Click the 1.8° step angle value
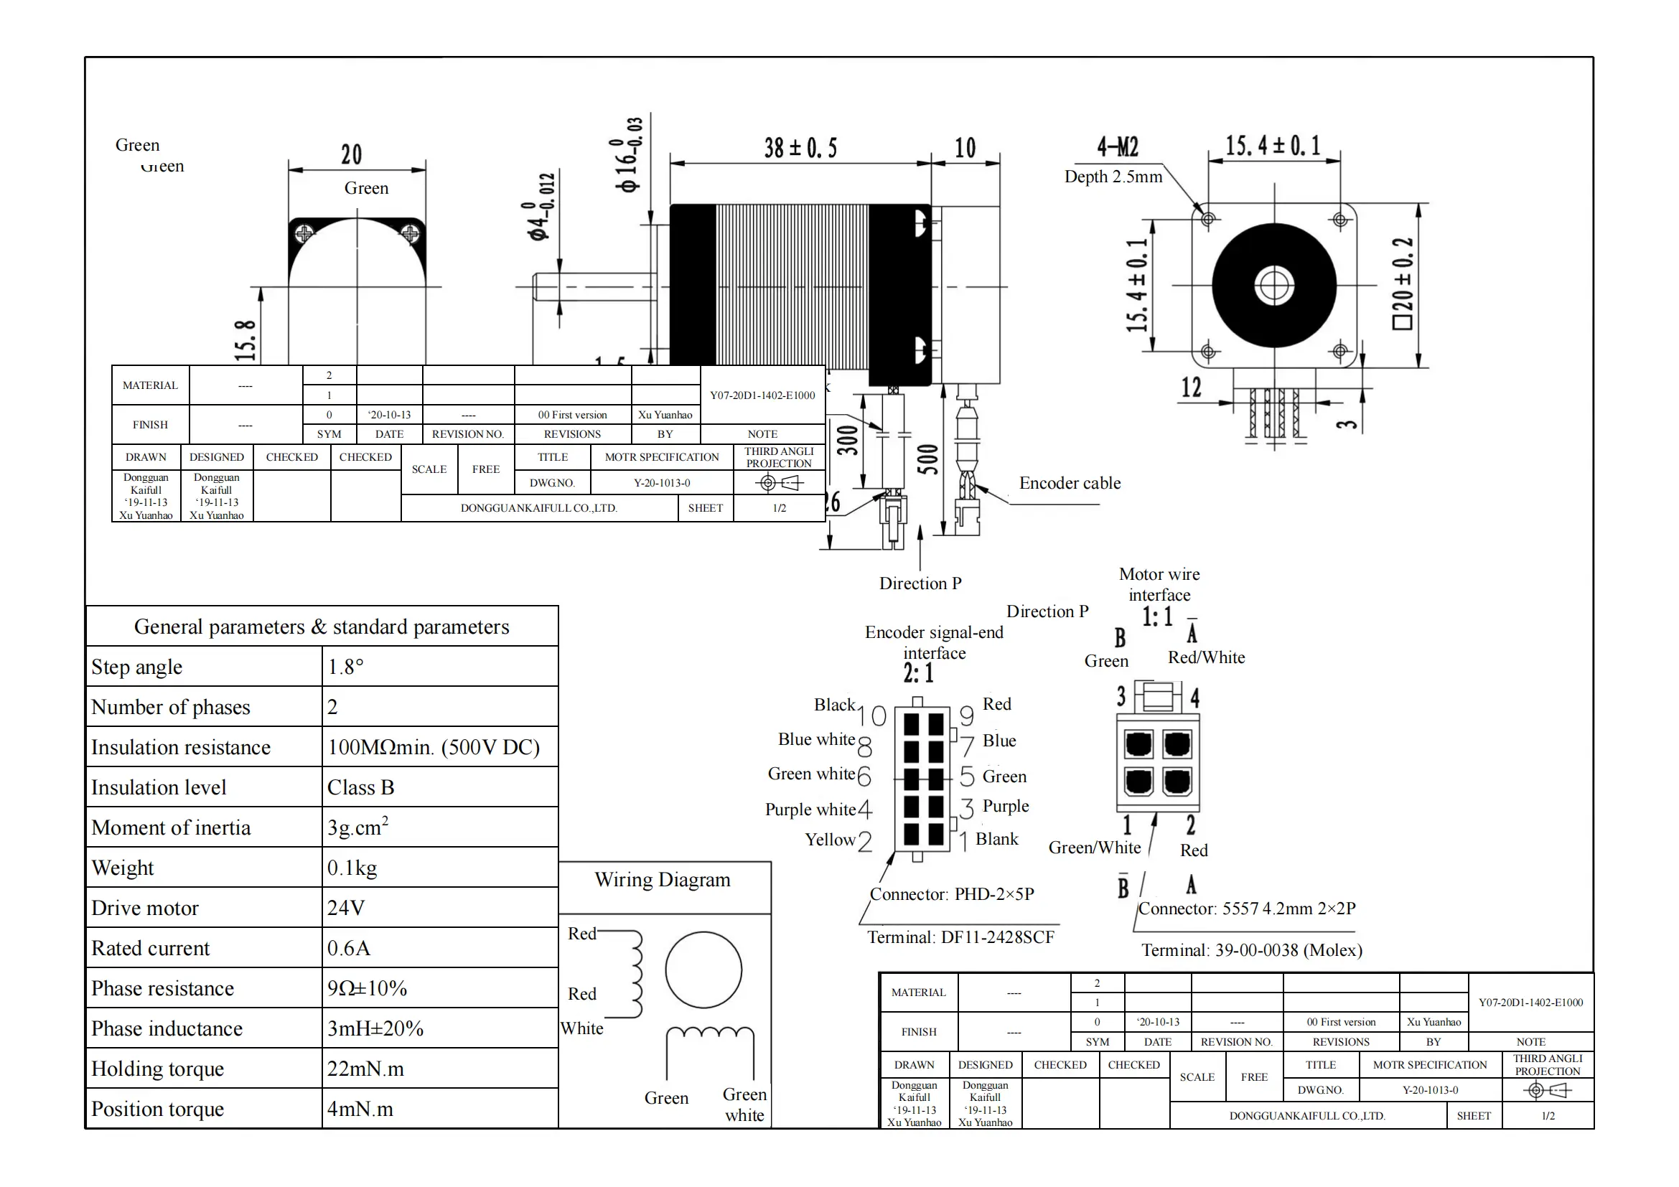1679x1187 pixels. click(x=346, y=667)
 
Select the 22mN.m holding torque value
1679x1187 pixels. click(x=365, y=1069)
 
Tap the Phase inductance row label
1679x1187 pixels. click(x=167, y=1029)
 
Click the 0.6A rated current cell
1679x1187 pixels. click(x=349, y=949)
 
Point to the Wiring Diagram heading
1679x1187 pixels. click(x=663, y=880)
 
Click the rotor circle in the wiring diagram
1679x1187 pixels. click(x=703, y=970)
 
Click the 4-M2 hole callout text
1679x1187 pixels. click(x=1118, y=147)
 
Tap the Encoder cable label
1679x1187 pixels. click(x=1070, y=483)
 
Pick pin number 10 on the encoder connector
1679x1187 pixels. click(x=871, y=716)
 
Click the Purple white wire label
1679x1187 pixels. click(x=810, y=810)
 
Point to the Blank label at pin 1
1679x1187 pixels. click(x=997, y=839)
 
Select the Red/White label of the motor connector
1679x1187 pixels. click(x=1207, y=658)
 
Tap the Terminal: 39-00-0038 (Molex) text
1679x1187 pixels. click(x=1252, y=951)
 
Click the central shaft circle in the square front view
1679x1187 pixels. click(x=1275, y=285)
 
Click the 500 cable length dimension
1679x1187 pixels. click(x=927, y=460)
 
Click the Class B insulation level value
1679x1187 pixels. click(x=360, y=788)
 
